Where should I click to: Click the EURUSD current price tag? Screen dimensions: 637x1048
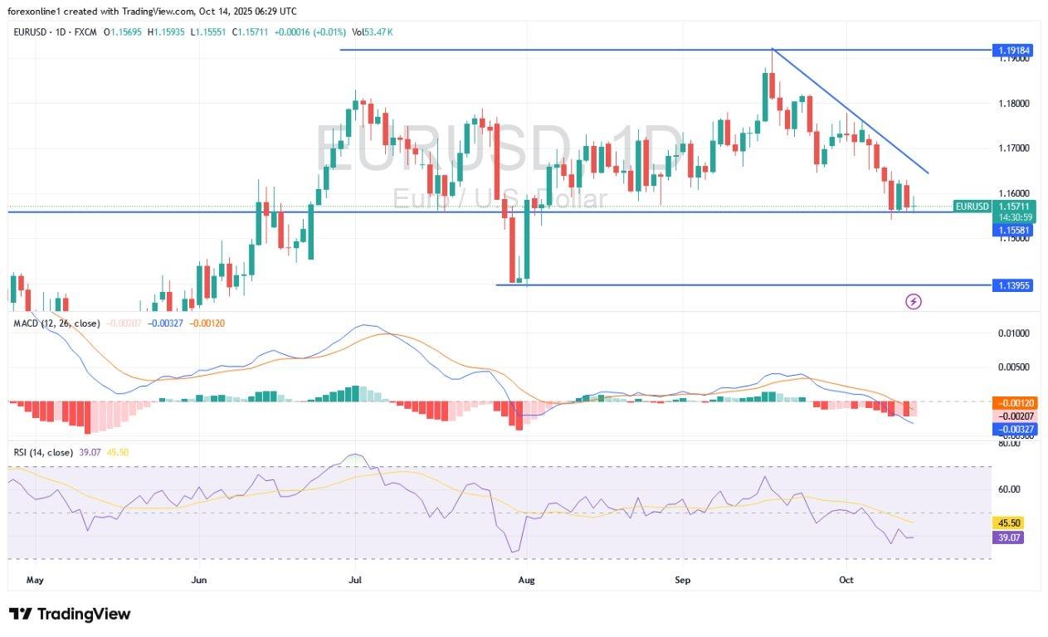click(x=972, y=207)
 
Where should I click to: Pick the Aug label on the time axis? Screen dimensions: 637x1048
click(x=525, y=581)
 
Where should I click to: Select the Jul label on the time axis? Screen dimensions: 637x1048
click(x=355, y=581)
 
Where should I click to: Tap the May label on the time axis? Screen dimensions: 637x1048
click(x=34, y=581)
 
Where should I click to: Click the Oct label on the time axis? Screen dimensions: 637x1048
click(x=846, y=581)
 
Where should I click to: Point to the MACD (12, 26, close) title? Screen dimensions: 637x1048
click(x=56, y=323)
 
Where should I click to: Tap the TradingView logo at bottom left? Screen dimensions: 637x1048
click(x=71, y=614)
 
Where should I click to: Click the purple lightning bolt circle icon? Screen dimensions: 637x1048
click(x=914, y=302)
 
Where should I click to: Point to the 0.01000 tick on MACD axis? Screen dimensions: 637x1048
click(x=1011, y=333)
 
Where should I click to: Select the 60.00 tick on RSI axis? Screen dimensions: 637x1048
click(x=1009, y=489)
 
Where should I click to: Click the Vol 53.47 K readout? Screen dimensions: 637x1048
click(x=373, y=32)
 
